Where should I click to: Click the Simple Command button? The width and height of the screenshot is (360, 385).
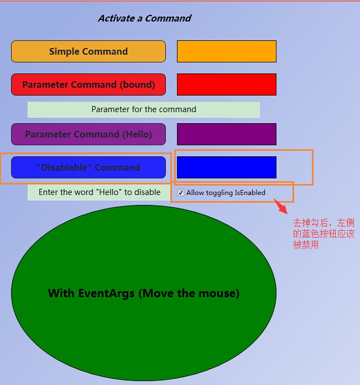88,51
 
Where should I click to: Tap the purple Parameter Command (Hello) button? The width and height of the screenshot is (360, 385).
88,134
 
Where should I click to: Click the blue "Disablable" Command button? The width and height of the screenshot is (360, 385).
88,167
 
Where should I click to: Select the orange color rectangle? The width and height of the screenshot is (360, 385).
227,51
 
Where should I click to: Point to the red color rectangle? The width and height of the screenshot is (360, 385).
227,85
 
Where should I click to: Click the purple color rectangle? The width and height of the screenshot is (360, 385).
227,134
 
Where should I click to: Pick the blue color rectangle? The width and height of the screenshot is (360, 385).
227,167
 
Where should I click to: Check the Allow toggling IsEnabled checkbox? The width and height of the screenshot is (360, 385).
180,192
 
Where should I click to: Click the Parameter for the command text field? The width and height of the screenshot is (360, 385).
144,109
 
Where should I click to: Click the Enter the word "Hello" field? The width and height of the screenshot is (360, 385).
100,192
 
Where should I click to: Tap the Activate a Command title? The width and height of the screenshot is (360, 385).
144,18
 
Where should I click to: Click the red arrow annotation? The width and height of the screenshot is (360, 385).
280,206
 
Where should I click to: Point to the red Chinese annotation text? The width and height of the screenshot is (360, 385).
324,234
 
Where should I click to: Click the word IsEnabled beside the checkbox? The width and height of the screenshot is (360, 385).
250,192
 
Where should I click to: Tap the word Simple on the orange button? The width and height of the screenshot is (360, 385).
64,51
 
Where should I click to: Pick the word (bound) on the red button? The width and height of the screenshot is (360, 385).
137,85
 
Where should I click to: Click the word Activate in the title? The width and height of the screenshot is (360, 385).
116,18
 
